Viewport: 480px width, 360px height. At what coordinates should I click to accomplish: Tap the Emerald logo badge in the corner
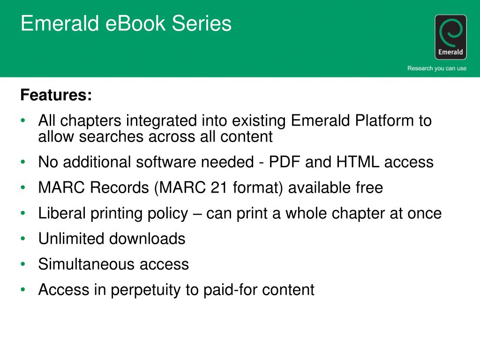tap(450, 37)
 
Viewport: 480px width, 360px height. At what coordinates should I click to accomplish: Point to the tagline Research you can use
tap(437, 68)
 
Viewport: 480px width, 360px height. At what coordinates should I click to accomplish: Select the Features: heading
tap(56, 95)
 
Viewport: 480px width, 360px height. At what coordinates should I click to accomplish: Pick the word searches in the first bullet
tap(111, 136)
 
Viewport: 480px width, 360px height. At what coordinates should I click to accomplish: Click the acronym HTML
tap(358, 162)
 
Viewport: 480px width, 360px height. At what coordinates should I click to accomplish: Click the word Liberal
tap(62, 213)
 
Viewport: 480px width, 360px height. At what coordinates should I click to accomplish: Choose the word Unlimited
tap(71, 239)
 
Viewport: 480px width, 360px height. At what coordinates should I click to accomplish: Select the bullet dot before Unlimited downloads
tap(23, 239)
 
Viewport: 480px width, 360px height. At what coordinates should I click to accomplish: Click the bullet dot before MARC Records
tap(23, 187)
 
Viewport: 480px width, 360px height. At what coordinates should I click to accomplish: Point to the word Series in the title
tap(202, 23)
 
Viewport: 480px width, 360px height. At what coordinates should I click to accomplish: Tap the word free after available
tap(369, 187)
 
